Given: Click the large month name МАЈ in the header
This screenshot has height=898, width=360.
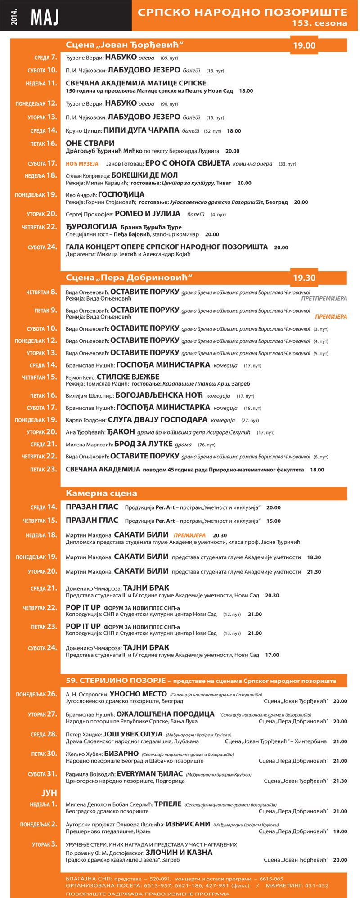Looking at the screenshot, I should tap(45, 17).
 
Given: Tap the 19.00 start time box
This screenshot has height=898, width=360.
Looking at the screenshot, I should tap(304, 45).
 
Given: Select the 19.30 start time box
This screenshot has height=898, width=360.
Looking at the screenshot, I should tap(304, 278).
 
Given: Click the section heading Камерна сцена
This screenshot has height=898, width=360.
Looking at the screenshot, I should tap(101, 493).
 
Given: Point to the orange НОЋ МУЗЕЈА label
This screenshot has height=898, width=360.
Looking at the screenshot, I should tap(82, 164).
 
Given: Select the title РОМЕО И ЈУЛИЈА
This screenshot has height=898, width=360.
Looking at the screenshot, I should tap(148, 214).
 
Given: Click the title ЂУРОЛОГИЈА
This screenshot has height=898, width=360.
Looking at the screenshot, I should tap(91, 227).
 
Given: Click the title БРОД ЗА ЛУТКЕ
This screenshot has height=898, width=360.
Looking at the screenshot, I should tap(144, 444).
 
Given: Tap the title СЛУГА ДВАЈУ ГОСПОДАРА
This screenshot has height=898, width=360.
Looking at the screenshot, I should tap(157, 420).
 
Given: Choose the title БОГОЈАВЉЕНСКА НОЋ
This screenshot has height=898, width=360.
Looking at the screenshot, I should tap(159, 395).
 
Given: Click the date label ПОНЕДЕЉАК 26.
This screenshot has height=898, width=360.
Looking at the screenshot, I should tap(36, 694).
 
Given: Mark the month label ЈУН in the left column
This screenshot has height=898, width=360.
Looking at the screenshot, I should tap(49, 793).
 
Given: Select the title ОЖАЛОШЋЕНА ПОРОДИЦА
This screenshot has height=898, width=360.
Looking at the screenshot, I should tap(165, 714).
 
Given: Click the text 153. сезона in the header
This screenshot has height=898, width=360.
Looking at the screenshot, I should tap(319, 23).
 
